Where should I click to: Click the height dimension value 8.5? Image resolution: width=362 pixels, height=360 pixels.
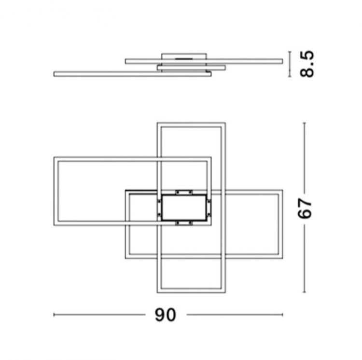pyautogui.click(x=307, y=64)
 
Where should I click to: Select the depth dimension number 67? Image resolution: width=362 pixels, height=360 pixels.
pyautogui.click(x=305, y=208)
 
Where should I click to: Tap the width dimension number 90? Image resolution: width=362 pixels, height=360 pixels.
pyautogui.click(x=165, y=315)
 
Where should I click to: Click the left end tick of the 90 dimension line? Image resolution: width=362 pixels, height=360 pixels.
pyautogui.click(x=54, y=315)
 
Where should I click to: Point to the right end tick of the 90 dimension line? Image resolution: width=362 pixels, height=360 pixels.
pyautogui.click(x=282, y=315)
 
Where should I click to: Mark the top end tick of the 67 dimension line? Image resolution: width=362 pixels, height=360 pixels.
pyautogui.click(x=305, y=123)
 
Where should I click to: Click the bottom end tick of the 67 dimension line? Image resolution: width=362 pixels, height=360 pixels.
pyautogui.click(x=305, y=292)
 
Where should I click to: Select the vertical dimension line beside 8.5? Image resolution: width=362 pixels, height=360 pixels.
pyautogui.click(x=290, y=64)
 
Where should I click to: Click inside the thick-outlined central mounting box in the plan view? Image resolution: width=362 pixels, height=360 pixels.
pyautogui.click(x=184, y=208)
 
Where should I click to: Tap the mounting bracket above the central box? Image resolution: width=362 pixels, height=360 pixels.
pyautogui.click(x=184, y=193)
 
